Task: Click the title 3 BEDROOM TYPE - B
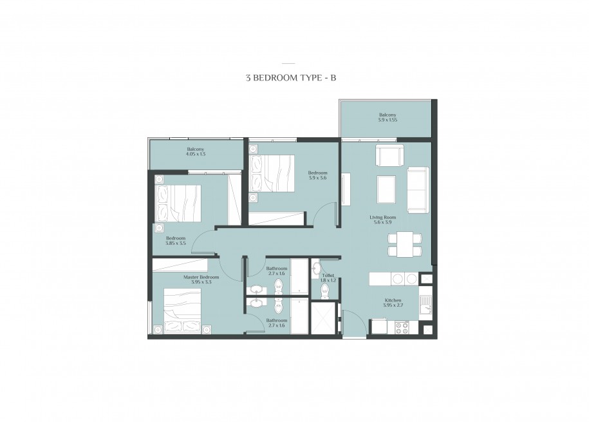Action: click(291, 78)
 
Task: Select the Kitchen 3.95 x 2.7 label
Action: click(393, 303)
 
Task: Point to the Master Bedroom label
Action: click(201, 277)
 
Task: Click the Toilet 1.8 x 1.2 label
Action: click(328, 278)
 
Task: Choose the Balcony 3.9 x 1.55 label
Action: click(388, 117)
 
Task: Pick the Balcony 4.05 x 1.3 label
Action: click(196, 151)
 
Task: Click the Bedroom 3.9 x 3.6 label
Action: click(317, 175)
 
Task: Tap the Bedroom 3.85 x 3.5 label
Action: click(176, 241)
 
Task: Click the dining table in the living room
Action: click(404, 245)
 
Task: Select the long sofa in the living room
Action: click(418, 189)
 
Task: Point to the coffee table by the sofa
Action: click(386, 190)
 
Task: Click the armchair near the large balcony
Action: click(390, 156)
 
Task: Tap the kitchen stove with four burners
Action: click(402, 328)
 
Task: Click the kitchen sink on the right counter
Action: click(425, 305)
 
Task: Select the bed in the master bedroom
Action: click(183, 309)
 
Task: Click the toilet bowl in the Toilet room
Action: click(324, 291)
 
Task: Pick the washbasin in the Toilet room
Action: click(316, 269)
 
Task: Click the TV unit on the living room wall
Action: click(346, 189)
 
